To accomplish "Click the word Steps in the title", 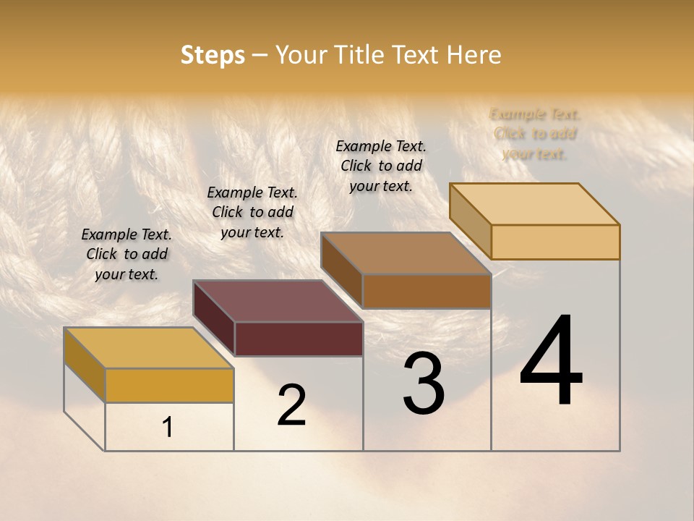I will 213,55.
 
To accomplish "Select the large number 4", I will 551,361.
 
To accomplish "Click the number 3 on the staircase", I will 424,384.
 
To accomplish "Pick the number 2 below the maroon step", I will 291,405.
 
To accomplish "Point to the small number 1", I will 168,428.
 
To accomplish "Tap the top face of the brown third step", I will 406,253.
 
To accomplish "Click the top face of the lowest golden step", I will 149,348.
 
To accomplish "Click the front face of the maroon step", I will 299,339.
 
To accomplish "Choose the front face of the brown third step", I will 427,291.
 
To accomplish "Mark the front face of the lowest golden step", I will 169,385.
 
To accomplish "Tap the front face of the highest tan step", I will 555,242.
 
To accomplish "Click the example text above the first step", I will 127,254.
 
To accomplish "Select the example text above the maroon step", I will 252,212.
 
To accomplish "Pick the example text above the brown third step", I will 381,166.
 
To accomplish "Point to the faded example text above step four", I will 535,134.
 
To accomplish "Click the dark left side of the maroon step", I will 214,318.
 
